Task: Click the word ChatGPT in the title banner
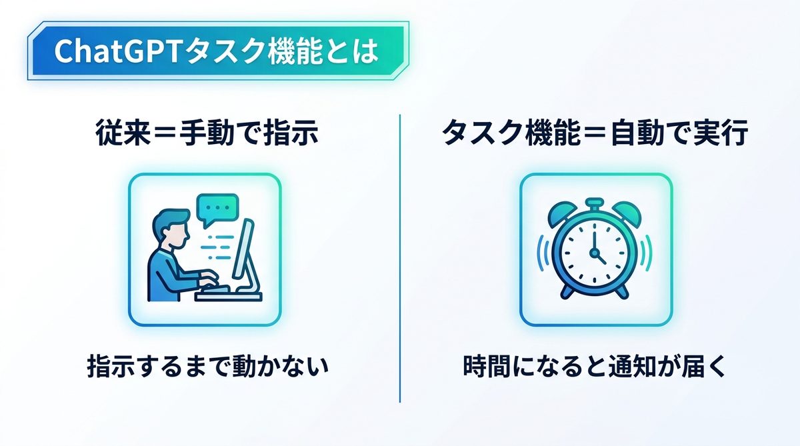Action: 117,51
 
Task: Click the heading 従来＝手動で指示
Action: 207,133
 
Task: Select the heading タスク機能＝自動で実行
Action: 595,133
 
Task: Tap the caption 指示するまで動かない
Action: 207,365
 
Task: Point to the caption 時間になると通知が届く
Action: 595,365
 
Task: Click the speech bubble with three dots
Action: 217,209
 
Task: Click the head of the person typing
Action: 171,229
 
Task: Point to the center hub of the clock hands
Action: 594,253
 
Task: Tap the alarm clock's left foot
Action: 568,291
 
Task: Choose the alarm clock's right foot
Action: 621,291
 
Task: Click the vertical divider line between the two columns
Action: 399,258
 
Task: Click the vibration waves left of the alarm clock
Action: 542,253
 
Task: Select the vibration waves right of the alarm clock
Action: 647,253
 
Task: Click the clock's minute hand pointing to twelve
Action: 594,239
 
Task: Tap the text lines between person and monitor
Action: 217,247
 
